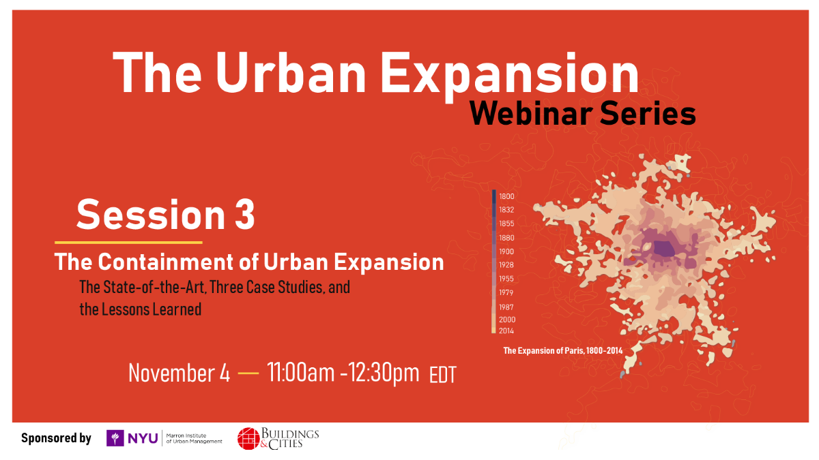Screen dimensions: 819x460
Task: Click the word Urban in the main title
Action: [x=291, y=73]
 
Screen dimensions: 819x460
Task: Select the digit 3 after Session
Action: [x=244, y=215]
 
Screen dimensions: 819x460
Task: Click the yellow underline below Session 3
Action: [x=128, y=243]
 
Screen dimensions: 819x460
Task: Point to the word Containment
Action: [x=166, y=262]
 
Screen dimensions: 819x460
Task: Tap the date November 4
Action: [x=179, y=373]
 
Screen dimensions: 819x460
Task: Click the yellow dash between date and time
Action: [x=248, y=373]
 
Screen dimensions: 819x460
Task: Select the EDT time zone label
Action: [x=443, y=375]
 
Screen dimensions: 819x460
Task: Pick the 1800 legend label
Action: [x=506, y=196]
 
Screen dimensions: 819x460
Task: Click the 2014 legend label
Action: [x=506, y=331]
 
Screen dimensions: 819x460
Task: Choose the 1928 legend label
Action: [x=506, y=264]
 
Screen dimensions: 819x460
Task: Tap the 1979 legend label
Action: [x=506, y=292]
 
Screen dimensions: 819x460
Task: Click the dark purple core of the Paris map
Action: [x=664, y=249]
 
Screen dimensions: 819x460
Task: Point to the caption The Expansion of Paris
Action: [x=563, y=351]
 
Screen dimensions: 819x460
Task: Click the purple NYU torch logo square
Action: [x=115, y=438]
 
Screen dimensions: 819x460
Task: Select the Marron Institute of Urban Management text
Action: [x=194, y=438]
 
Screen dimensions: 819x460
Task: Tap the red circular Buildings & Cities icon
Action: [x=248, y=438]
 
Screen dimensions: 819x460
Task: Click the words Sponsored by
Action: [x=56, y=438]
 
